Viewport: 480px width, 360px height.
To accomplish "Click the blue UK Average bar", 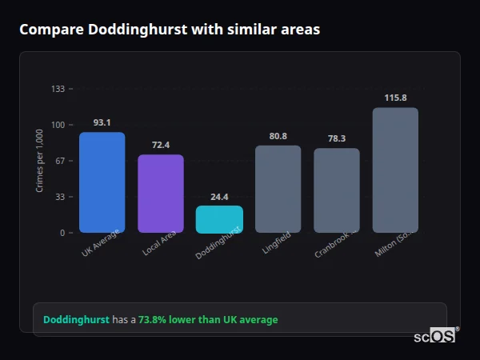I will pos(102,182).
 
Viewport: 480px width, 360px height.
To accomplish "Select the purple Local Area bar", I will pos(161,194).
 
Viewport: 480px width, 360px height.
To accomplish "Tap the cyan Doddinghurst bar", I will pos(219,219).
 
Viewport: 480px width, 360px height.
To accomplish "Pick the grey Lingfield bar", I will pos(278,189).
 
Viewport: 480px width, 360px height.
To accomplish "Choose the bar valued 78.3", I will pos(337,190).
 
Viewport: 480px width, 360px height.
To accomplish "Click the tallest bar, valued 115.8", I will pos(395,170).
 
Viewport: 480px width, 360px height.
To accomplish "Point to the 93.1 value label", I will pos(102,122).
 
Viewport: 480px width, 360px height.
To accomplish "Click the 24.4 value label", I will pos(219,197).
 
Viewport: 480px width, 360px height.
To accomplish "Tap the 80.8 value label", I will pos(278,136).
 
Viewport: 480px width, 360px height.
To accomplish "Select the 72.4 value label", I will pos(161,145).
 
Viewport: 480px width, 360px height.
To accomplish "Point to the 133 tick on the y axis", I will pos(58,89).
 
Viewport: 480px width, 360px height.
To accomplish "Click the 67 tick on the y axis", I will pos(59,161).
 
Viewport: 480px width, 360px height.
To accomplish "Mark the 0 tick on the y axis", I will pos(62,233).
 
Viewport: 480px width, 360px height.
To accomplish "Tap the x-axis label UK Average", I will pos(101,243).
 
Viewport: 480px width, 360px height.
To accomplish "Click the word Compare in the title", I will pos(50,30).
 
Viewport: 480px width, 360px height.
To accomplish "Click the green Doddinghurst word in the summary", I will pos(76,320).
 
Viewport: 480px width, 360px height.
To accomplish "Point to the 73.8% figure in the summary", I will pos(153,320).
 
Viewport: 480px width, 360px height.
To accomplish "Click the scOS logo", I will pos(435,337).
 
